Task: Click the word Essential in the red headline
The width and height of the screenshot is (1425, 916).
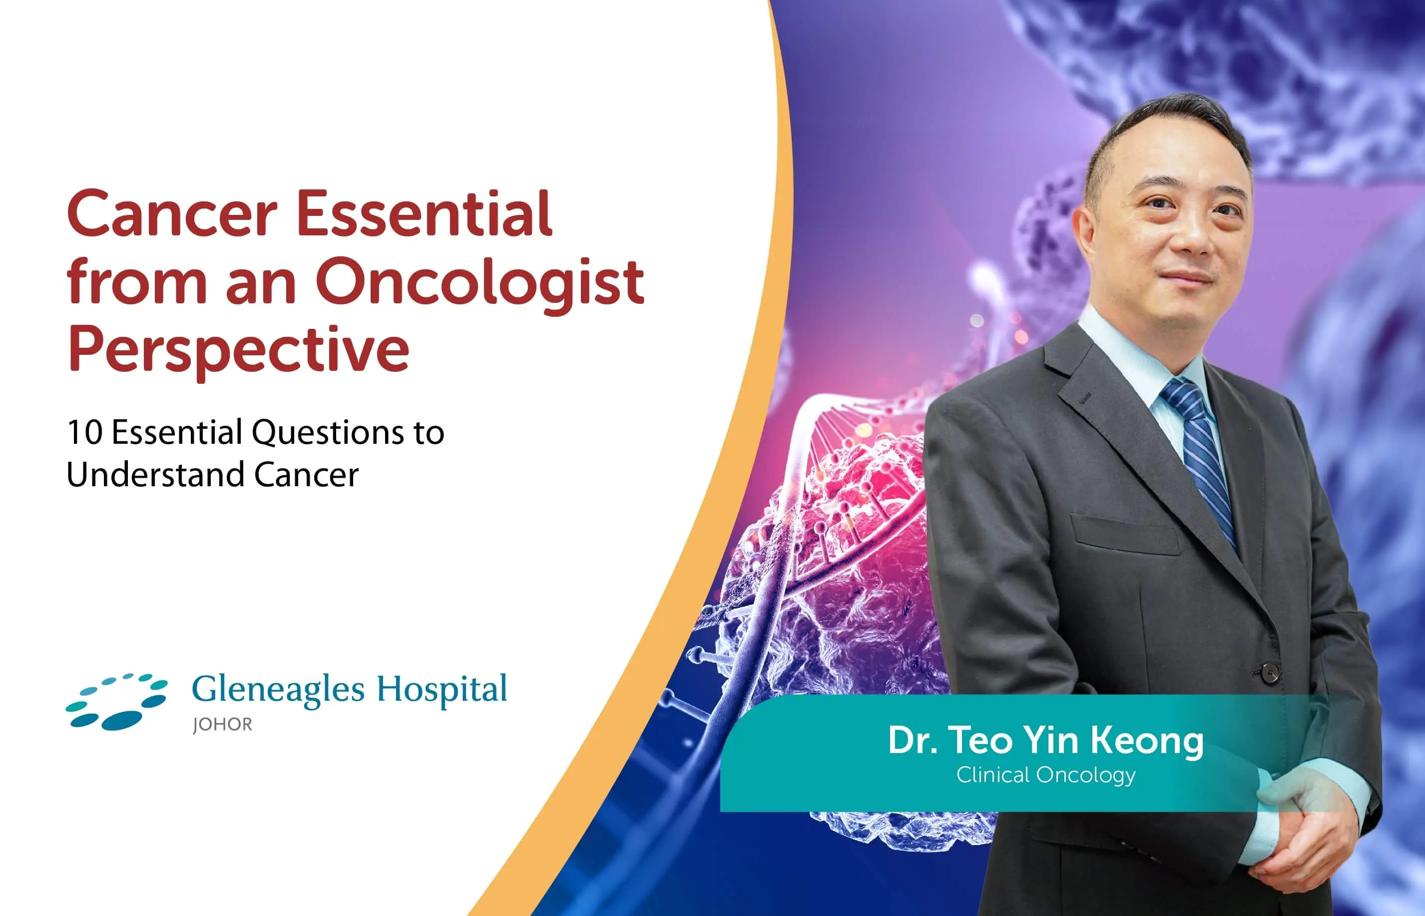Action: point(424,213)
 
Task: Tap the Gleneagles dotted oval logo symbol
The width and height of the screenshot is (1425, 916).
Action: point(116,702)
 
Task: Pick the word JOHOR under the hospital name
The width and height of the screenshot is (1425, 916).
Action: point(222,725)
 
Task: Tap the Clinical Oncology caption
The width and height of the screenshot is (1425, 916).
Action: point(1046,775)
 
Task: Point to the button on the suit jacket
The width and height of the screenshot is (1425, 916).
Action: point(1271,672)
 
